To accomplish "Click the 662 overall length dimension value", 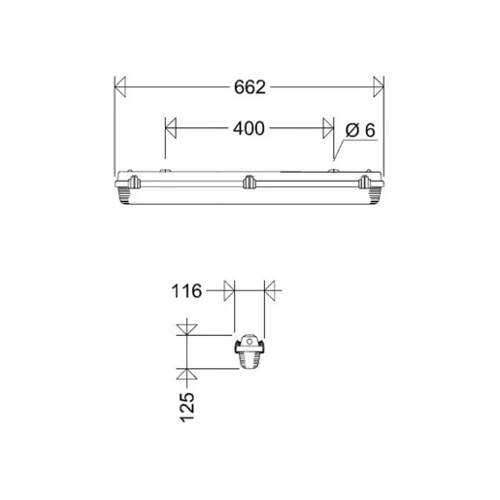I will pyautogui.click(x=250, y=85).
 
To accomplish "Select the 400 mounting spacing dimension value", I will pyautogui.click(x=250, y=128).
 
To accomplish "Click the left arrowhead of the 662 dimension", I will pyautogui.click(x=121, y=86).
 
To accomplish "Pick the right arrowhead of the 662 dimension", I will pyautogui.click(x=378, y=86).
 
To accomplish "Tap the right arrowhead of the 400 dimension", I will pyautogui.click(x=327, y=128).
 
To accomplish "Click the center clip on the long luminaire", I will pyautogui.click(x=250, y=182).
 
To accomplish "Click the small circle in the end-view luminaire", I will pyautogui.click(x=250, y=343).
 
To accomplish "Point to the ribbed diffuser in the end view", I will pyautogui.click(x=250, y=360).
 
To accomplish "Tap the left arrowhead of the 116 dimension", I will pyautogui.click(x=229, y=289).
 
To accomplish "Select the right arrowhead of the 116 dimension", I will pyautogui.click(x=270, y=289).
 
